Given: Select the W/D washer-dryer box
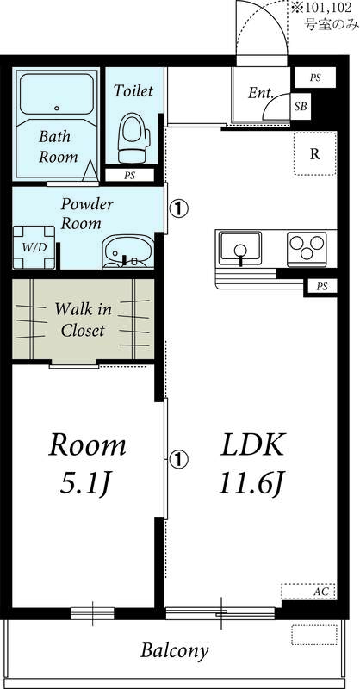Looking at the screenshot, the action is pyautogui.click(x=34, y=247).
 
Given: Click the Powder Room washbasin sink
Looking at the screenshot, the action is pyautogui.click(x=128, y=251).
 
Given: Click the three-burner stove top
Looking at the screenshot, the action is pyautogui.click(x=307, y=249).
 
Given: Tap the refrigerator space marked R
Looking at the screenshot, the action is pyautogui.click(x=314, y=153).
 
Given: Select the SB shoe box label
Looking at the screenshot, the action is pyautogui.click(x=301, y=107).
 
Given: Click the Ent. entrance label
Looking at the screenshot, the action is pyautogui.click(x=261, y=93).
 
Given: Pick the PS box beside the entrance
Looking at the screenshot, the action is pyautogui.click(x=315, y=78).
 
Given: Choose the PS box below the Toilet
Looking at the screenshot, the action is pyautogui.click(x=129, y=176).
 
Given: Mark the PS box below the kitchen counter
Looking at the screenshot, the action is pyautogui.click(x=322, y=287).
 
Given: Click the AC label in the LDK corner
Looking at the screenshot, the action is pyautogui.click(x=322, y=592).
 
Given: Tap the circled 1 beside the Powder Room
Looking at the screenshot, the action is pyautogui.click(x=178, y=208).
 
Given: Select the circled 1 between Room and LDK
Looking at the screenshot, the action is pyautogui.click(x=178, y=459).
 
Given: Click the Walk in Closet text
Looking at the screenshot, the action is pyautogui.click(x=83, y=320).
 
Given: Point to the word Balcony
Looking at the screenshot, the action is pyautogui.click(x=175, y=651).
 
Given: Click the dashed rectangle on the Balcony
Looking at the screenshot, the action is pyautogui.click(x=314, y=635).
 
